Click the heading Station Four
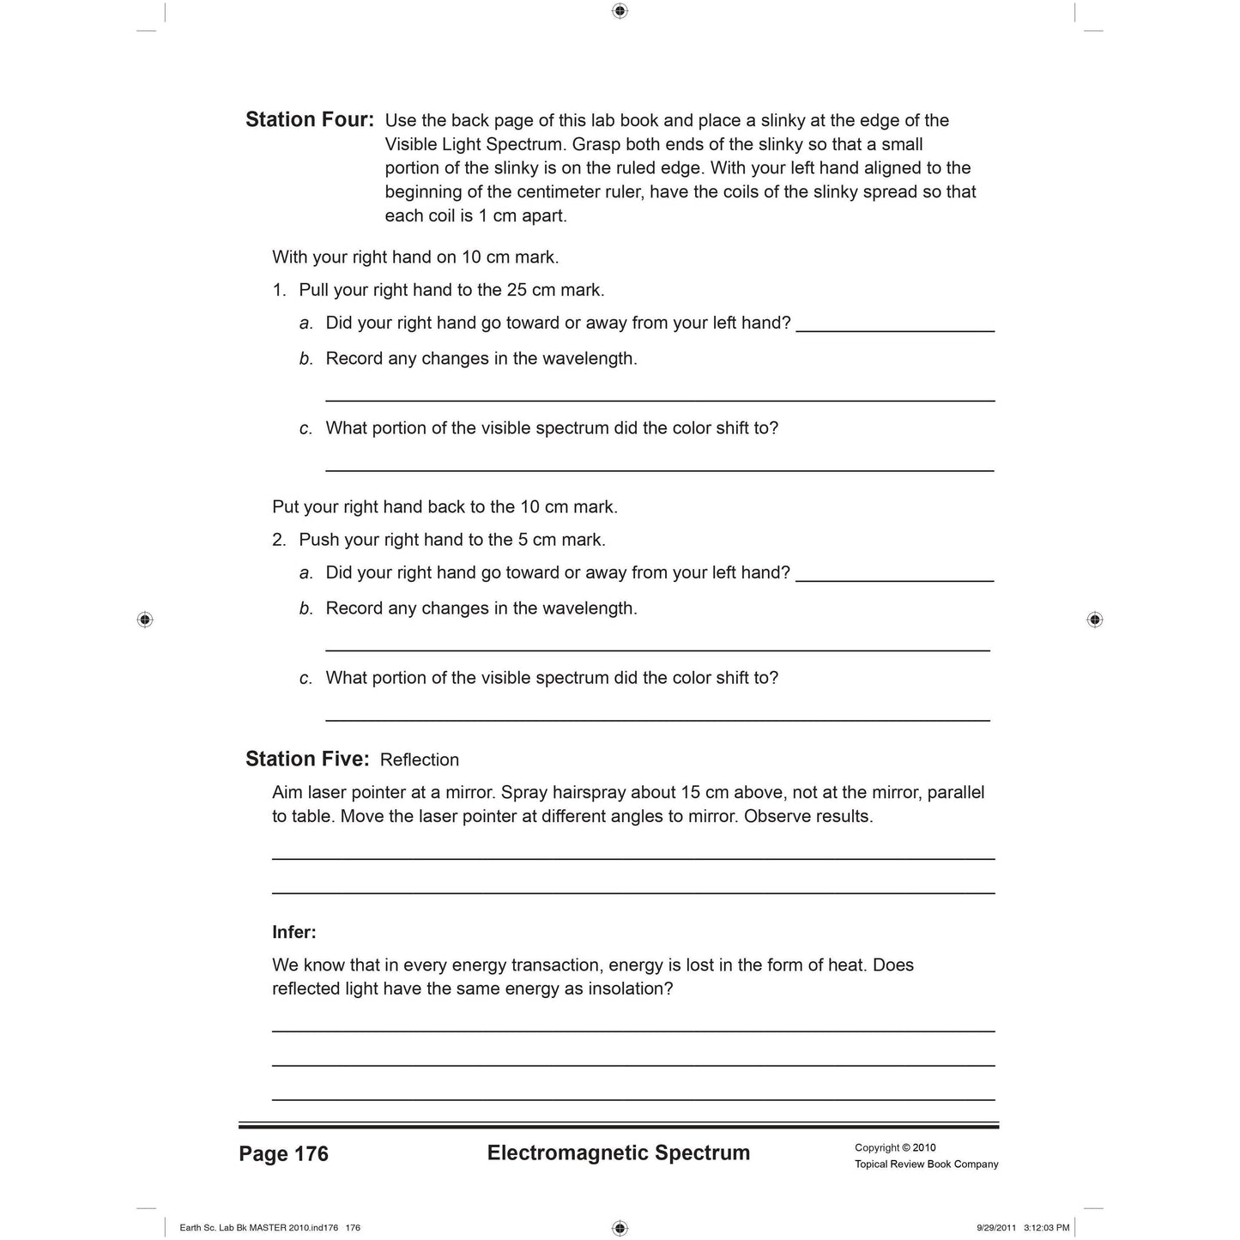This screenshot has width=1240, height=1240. click(309, 119)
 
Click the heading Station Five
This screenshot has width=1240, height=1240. click(307, 759)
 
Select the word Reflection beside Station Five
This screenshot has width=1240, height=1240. click(419, 759)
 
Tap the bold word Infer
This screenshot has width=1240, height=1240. click(293, 932)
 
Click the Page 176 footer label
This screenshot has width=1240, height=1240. click(283, 1153)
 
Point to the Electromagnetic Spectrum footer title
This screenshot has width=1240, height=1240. click(618, 1152)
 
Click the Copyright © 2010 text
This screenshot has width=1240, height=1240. click(895, 1147)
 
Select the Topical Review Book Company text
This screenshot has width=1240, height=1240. click(926, 1164)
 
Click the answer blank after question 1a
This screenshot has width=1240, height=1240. click(895, 325)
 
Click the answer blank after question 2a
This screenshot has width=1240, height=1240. click(895, 575)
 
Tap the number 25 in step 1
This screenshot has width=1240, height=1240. click(517, 290)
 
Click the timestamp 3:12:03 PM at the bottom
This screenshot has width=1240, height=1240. click(1046, 1227)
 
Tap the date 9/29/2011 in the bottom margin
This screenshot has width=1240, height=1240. click(995, 1227)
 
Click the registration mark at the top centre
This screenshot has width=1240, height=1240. click(620, 11)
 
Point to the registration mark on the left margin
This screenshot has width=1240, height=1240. click(145, 620)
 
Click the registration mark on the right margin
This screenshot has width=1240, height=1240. click(1094, 620)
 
